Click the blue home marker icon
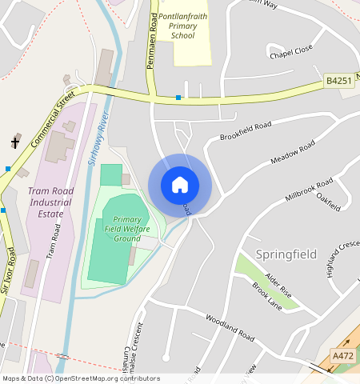pyautogui.click(x=180, y=185)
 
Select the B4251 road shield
pyautogui.click(x=338, y=82)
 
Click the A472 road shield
pyautogui.click(x=342, y=356)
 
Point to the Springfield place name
pyautogui.click(x=286, y=254)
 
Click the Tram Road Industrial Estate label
pyautogui.click(x=54, y=202)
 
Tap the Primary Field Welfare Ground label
pyautogui.click(x=127, y=229)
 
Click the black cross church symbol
pyautogui.click(x=14, y=142)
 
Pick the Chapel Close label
pyautogui.click(x=290, y=54)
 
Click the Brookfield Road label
pyautogui.click(x=246, y=130)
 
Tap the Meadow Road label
pyautogui.click(x=293, y=154)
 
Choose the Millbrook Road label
pyautogui.click(x=308, y=188)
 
